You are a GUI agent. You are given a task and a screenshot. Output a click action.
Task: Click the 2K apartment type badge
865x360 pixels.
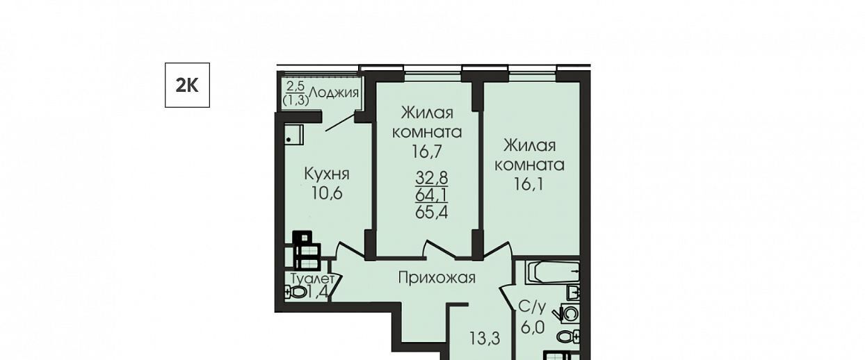(x=187, y=85)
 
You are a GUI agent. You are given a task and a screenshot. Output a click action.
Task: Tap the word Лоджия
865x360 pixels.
(x=334, y=93)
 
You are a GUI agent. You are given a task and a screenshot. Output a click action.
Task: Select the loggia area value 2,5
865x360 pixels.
(x=296, y=85)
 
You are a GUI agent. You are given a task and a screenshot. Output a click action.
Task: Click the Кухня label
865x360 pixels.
(x=327, y=174)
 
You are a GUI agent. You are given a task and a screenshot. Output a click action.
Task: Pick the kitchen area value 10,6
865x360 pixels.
(x=327, y=193)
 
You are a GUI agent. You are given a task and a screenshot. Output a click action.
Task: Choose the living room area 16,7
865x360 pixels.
(x=426, y=152)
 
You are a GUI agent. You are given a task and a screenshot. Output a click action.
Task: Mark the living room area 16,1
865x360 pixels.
(x=528, y=184)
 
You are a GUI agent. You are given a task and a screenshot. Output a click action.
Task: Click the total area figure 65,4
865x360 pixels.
(x=431, y=212)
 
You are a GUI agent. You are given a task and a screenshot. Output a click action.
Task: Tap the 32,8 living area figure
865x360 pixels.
(x=431, y=178)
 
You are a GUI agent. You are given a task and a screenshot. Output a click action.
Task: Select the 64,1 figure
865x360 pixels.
(x=431, y=195)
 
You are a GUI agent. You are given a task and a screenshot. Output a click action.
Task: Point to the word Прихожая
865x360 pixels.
(x=437, y=278)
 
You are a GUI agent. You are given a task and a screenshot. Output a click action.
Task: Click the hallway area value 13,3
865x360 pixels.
(x=485, y=338)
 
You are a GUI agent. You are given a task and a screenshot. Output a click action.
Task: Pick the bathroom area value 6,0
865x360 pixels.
(x=533, y=327)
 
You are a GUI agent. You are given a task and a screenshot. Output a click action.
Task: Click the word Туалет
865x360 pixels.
(x=312, y=279)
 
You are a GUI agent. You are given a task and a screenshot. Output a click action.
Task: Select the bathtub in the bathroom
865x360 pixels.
(x=553, y=273)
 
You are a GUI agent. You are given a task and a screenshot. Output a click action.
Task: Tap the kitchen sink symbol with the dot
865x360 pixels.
(x=294, y=135)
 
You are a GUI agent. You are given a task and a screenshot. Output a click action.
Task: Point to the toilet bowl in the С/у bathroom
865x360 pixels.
(x=568, y=337)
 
